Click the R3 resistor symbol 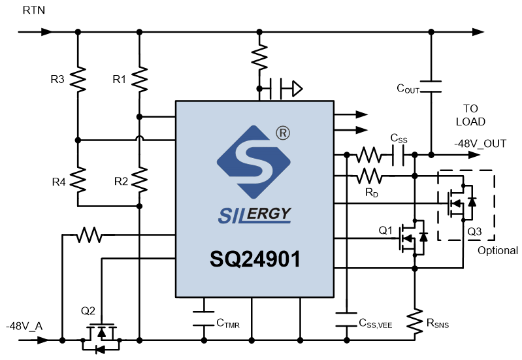tap(78, 79)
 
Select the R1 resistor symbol tap(140, 79)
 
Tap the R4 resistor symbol tap(78, 180)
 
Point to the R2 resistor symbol tap(140, 180)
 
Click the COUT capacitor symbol tap(431, 86)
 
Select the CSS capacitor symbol tap(398, 155)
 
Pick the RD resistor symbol tap(369, 176)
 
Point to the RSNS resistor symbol tap(414, 321)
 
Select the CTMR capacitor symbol tap(204, 318)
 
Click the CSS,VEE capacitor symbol tap(346, 319)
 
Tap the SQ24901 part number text tap(255, 259)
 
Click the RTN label tap(33, 10)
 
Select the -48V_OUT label tap(480, 144)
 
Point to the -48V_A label tap(24, 326)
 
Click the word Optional tap(498, 250)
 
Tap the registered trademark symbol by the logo tap(283, 133)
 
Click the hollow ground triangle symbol tap(297, 89)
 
